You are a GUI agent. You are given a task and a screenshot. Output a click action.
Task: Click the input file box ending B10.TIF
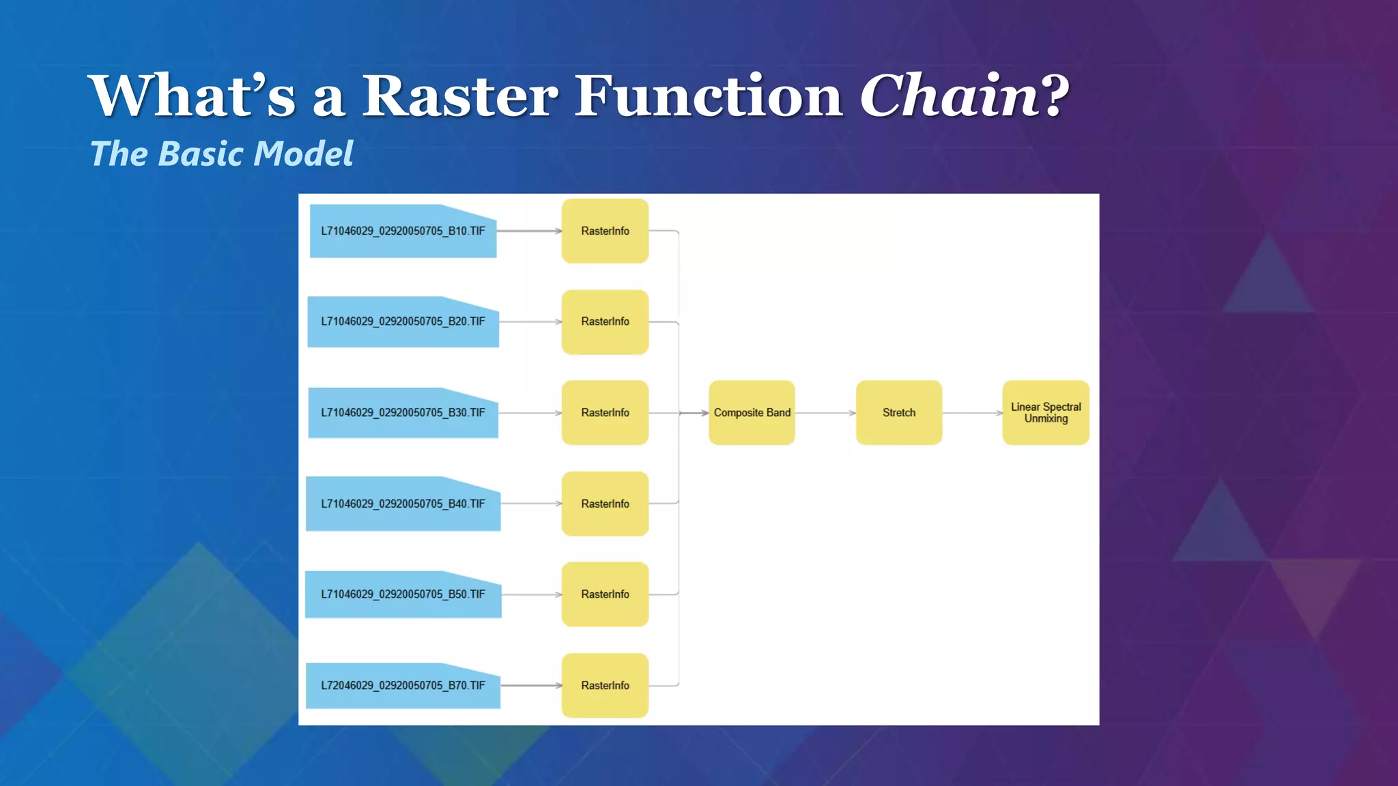[x=403, y=231]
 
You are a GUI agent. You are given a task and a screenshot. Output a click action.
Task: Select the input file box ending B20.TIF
[x=403, y=322]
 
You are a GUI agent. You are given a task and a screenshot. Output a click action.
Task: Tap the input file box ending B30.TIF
[x=403, y=413]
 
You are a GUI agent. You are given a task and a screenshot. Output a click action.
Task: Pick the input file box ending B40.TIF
[x=403, y=504]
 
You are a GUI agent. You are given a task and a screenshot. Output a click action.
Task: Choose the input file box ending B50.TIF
[x=403, y=594]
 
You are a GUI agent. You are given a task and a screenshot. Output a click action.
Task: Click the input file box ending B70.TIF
[x=403, y=686]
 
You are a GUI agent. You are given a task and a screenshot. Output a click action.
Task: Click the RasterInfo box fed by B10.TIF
[x=605, y=231]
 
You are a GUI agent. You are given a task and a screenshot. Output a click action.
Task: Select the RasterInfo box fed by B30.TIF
[x=605, y=413]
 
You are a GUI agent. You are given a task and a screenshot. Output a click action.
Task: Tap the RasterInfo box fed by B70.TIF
[x=605, y=686]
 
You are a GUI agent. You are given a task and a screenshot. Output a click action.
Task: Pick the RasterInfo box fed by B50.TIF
[x=605, y=594]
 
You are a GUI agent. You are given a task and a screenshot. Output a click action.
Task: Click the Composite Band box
[x=752, y=413]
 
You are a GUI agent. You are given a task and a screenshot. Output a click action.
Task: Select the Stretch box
[x=899, y=413]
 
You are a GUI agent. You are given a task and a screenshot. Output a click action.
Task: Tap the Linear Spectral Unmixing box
[x=1046, y=413]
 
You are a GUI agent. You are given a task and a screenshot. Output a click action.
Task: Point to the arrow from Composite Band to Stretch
[x=825, y=413]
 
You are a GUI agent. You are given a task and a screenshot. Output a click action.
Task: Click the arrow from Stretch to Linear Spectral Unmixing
[x=972, y=413]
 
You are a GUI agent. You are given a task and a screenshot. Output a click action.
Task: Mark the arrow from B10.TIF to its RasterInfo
[x=529, y=231]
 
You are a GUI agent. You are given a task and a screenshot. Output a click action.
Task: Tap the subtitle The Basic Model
[x=222, y=154]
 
